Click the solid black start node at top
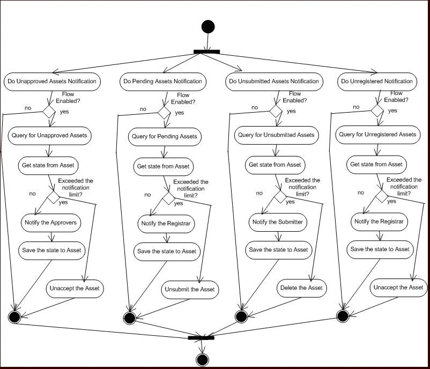[208, 27]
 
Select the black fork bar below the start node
[206, 51]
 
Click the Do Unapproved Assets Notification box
[52, 82]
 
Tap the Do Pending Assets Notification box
[163, 82]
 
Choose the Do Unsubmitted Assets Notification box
[274, 82]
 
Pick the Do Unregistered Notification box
[377, 82]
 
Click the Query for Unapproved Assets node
[49, 136]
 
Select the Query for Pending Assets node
[165, 137]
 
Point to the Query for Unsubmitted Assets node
[276, 135]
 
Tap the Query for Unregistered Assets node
[377, 135]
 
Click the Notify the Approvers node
[51, 223]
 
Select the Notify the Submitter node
[278, 222]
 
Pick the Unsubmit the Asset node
[190, 290]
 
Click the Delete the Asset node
[302, 288]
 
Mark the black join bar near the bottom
[201, 338]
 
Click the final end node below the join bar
[202, 360]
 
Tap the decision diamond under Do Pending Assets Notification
[164, 113]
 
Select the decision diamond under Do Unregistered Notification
[377, 110]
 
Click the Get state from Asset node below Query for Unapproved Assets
[48, 165]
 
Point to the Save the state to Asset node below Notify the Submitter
[279, 250]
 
